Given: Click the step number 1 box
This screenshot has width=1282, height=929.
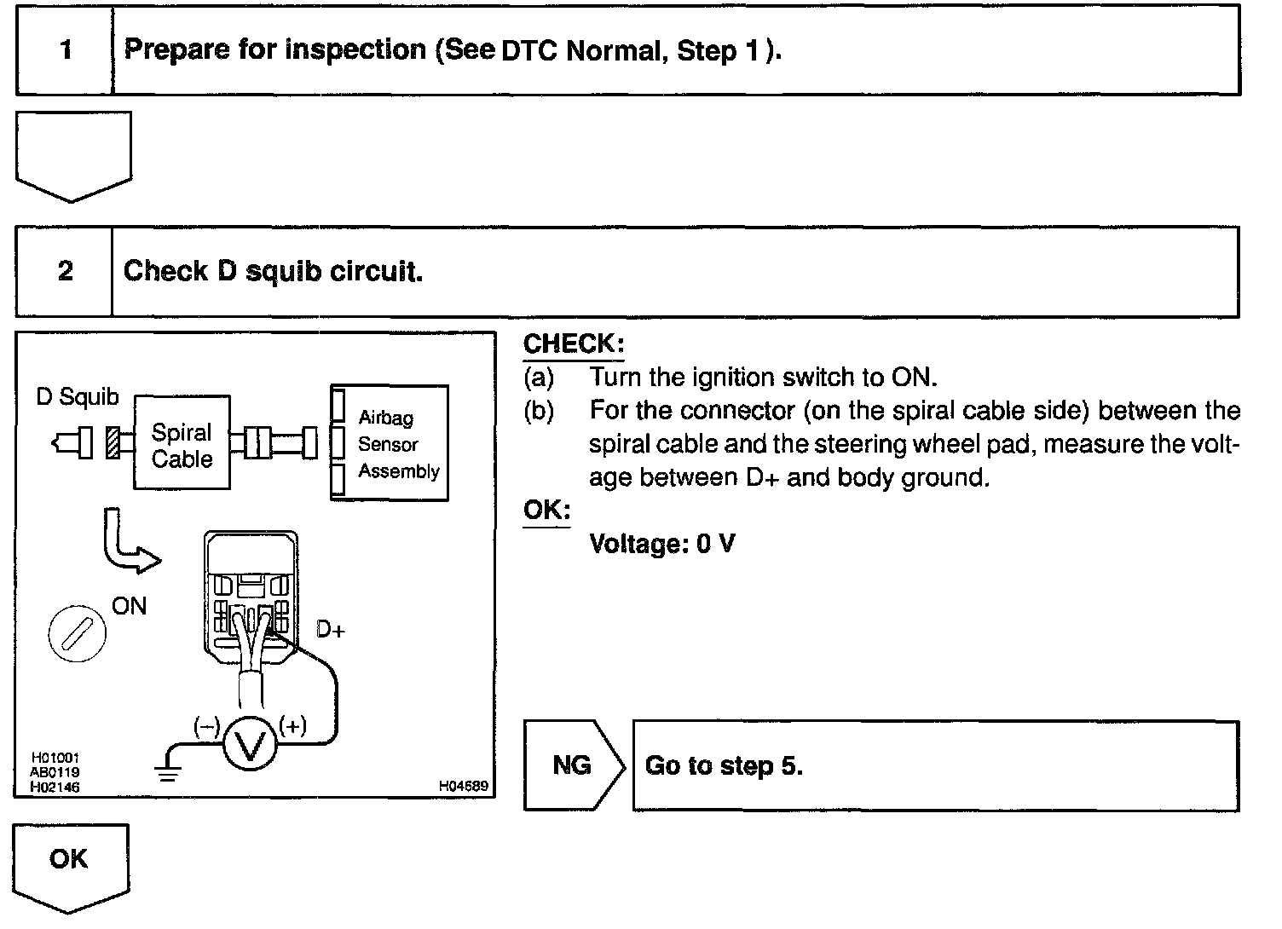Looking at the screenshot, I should coord(65,49).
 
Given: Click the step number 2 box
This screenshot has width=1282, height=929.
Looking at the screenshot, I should coord(65,272).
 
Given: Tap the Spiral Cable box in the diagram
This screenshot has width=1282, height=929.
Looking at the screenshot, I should coord(182,443).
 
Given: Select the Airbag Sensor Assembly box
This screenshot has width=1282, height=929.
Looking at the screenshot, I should coord(390,443).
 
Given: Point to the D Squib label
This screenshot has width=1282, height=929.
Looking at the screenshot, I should coord(78,397).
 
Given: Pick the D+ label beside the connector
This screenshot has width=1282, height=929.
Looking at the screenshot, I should coord(330,630).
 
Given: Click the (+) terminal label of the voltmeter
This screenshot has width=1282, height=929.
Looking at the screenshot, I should coord(292,726).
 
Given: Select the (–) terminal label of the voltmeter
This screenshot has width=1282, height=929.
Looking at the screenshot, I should coord(206,726).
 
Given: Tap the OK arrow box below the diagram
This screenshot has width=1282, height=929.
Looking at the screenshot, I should coord(70,861).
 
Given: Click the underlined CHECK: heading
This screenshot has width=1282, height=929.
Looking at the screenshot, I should coord(573,344).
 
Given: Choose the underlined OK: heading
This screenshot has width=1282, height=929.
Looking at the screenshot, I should coord(546,510).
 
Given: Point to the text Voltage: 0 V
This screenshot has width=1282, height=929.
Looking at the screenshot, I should coord(661,544).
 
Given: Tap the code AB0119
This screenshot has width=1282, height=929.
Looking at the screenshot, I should coord(55,773).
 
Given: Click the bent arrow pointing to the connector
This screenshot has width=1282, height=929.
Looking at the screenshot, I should coord(128,545).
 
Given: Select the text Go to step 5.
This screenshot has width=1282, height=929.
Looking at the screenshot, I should coord(724,766).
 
